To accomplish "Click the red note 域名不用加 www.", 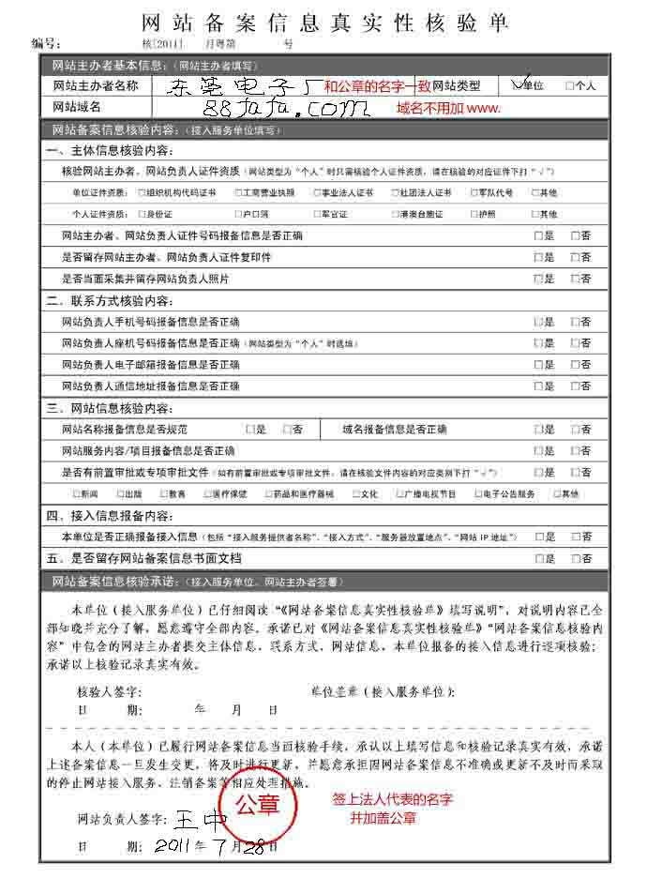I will coord(448,108).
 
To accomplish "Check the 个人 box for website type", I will coord(570,86).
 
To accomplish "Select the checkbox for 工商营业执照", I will coord(234,192).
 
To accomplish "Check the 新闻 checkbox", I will coord(76,493).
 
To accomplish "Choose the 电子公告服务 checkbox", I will coord(478,493).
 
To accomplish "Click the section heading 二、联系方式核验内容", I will coord(110,301).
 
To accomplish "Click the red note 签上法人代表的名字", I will coord(393,800).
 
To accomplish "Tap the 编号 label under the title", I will coord(46,43).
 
